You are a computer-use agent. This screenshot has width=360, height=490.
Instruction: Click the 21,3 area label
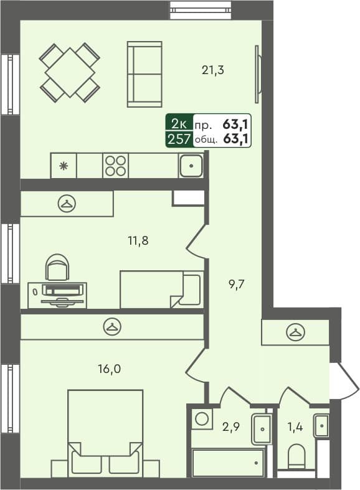tap(212, 70)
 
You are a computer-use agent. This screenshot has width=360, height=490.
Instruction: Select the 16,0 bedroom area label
tap(108, 369)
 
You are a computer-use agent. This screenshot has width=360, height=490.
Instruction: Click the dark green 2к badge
tap(179, 123)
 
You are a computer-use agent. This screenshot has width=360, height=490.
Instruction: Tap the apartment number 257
tap(179, 139)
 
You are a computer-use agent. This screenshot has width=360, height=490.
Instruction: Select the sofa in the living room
tap(144, 74)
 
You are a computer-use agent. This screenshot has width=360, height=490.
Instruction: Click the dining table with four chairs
tap(70, 72)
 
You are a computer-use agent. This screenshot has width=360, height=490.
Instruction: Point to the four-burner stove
tap(115, 166)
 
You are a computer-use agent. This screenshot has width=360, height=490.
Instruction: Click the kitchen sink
tap(191, 166)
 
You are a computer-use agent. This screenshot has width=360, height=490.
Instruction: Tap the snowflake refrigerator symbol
tap(63, 166)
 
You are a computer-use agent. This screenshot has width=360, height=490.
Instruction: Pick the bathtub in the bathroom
tap(227, 463)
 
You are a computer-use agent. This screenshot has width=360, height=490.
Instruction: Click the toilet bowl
tap(297, 457)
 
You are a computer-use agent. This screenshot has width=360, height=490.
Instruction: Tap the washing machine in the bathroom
tap(201, 418)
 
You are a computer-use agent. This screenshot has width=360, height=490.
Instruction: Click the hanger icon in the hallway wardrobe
tap(294, 332)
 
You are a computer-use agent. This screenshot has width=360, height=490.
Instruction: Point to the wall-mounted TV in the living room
tap(257, 74)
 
